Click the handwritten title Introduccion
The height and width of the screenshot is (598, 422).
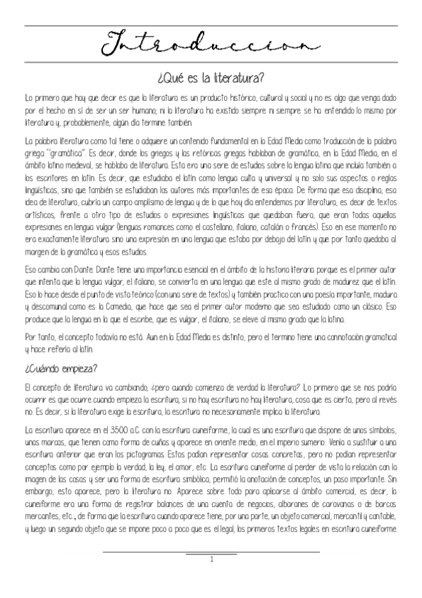pos(211,45)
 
